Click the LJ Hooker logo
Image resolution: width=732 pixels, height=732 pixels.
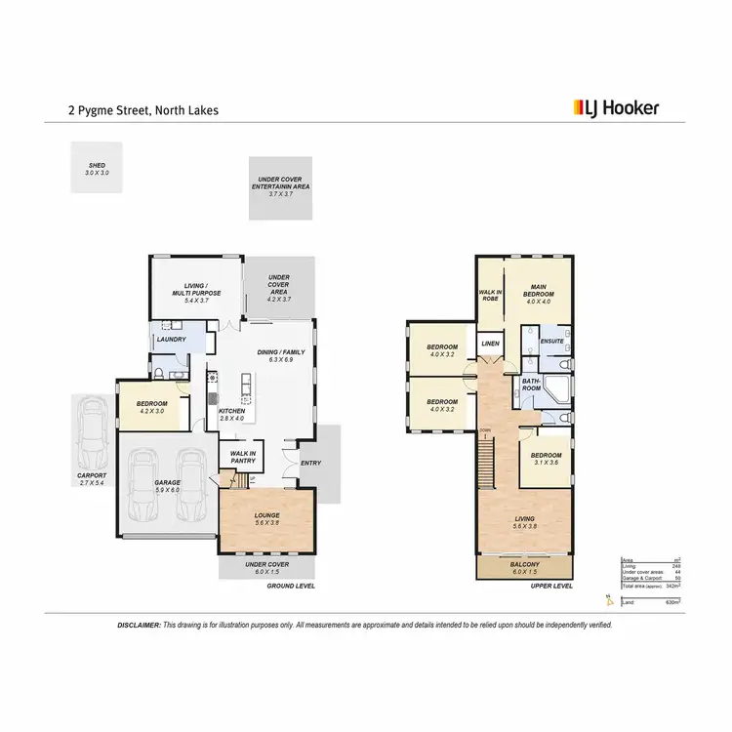[x=614, y=108]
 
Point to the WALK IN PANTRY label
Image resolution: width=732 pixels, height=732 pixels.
[x=242, y=456]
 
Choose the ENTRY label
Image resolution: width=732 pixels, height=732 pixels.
[x=310, y=464]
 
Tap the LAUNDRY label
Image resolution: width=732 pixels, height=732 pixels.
[x=172, y=340]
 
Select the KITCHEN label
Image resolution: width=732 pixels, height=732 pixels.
[x=232, y=411]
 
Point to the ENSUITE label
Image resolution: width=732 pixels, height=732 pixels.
[x=551, y=341]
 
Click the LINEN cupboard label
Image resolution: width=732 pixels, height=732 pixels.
[x=489, y=343]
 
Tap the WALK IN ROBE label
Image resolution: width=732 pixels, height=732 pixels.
[x=489, y=295]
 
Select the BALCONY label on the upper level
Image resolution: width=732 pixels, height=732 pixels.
[x=525, y=565]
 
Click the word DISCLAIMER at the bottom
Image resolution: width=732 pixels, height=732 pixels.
[x=139, y=624]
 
